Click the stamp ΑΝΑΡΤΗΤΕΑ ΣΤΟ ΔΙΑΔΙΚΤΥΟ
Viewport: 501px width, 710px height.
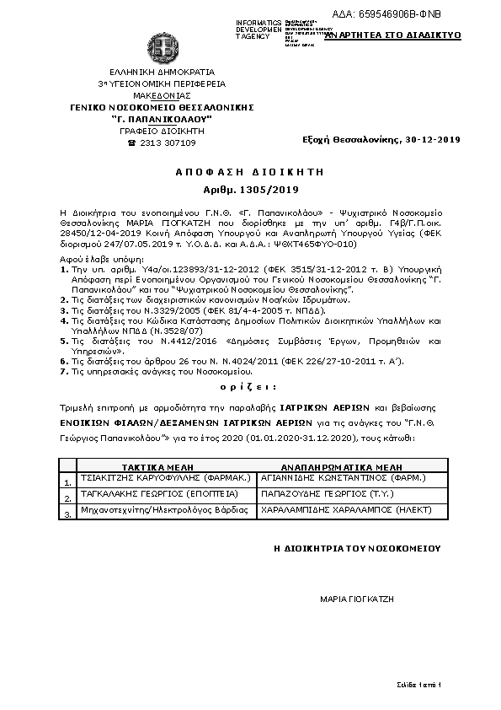pyautogui.click(x=393, y=36)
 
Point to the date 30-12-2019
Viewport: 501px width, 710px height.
pyautogui.click(x=432, y=139)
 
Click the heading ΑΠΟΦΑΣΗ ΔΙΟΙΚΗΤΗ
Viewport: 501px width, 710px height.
pyautogui.click(x=250, y=171)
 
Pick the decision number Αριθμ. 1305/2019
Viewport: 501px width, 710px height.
pyautogui.click(x=250, y=191)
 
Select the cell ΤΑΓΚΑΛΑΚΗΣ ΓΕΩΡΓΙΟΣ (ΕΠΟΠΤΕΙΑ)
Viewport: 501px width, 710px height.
pyautogui.click(x=159, y=493)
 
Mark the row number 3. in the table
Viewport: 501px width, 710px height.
pyautogui.click(x=67, y=514)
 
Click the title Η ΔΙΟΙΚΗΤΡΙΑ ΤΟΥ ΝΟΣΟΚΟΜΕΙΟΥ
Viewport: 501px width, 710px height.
pyautogui.click(x=357, y=548)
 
